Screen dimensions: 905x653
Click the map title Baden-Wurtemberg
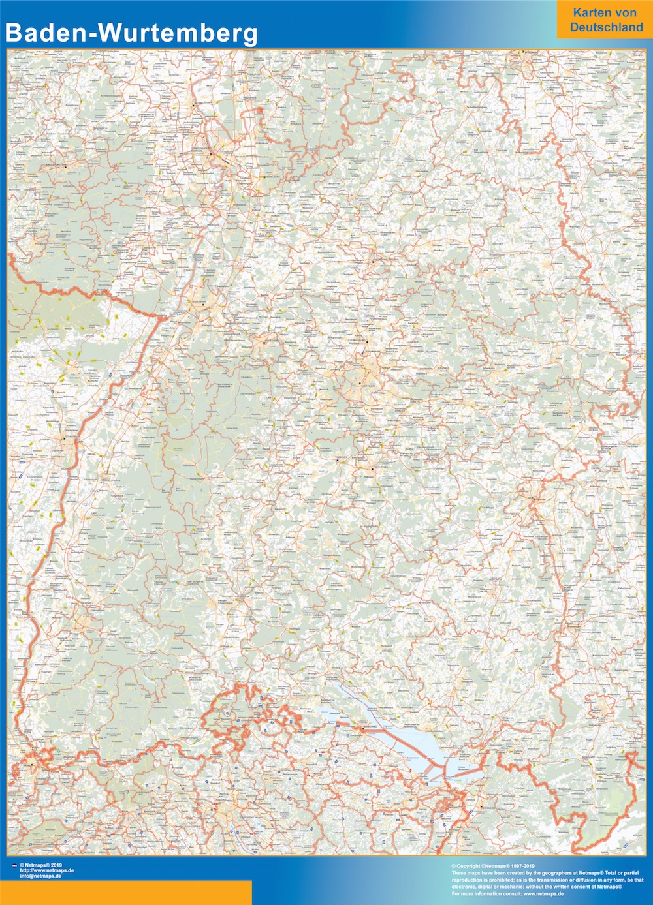pyautogui.click(x=131, y=33)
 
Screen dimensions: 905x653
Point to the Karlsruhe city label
pyautogui.click(x=198, y=302)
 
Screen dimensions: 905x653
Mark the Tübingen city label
pyautogui.click(x=341, y=458)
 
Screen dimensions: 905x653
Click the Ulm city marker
pyautogui.click(x=534, y=499)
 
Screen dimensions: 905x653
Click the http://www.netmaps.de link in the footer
pyautogui.click(x=46, y=870)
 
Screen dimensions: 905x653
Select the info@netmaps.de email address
pyautogui.click(x=40, y=876)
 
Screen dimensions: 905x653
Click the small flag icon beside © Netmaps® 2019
pyautogui.click(x=14, y=865)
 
